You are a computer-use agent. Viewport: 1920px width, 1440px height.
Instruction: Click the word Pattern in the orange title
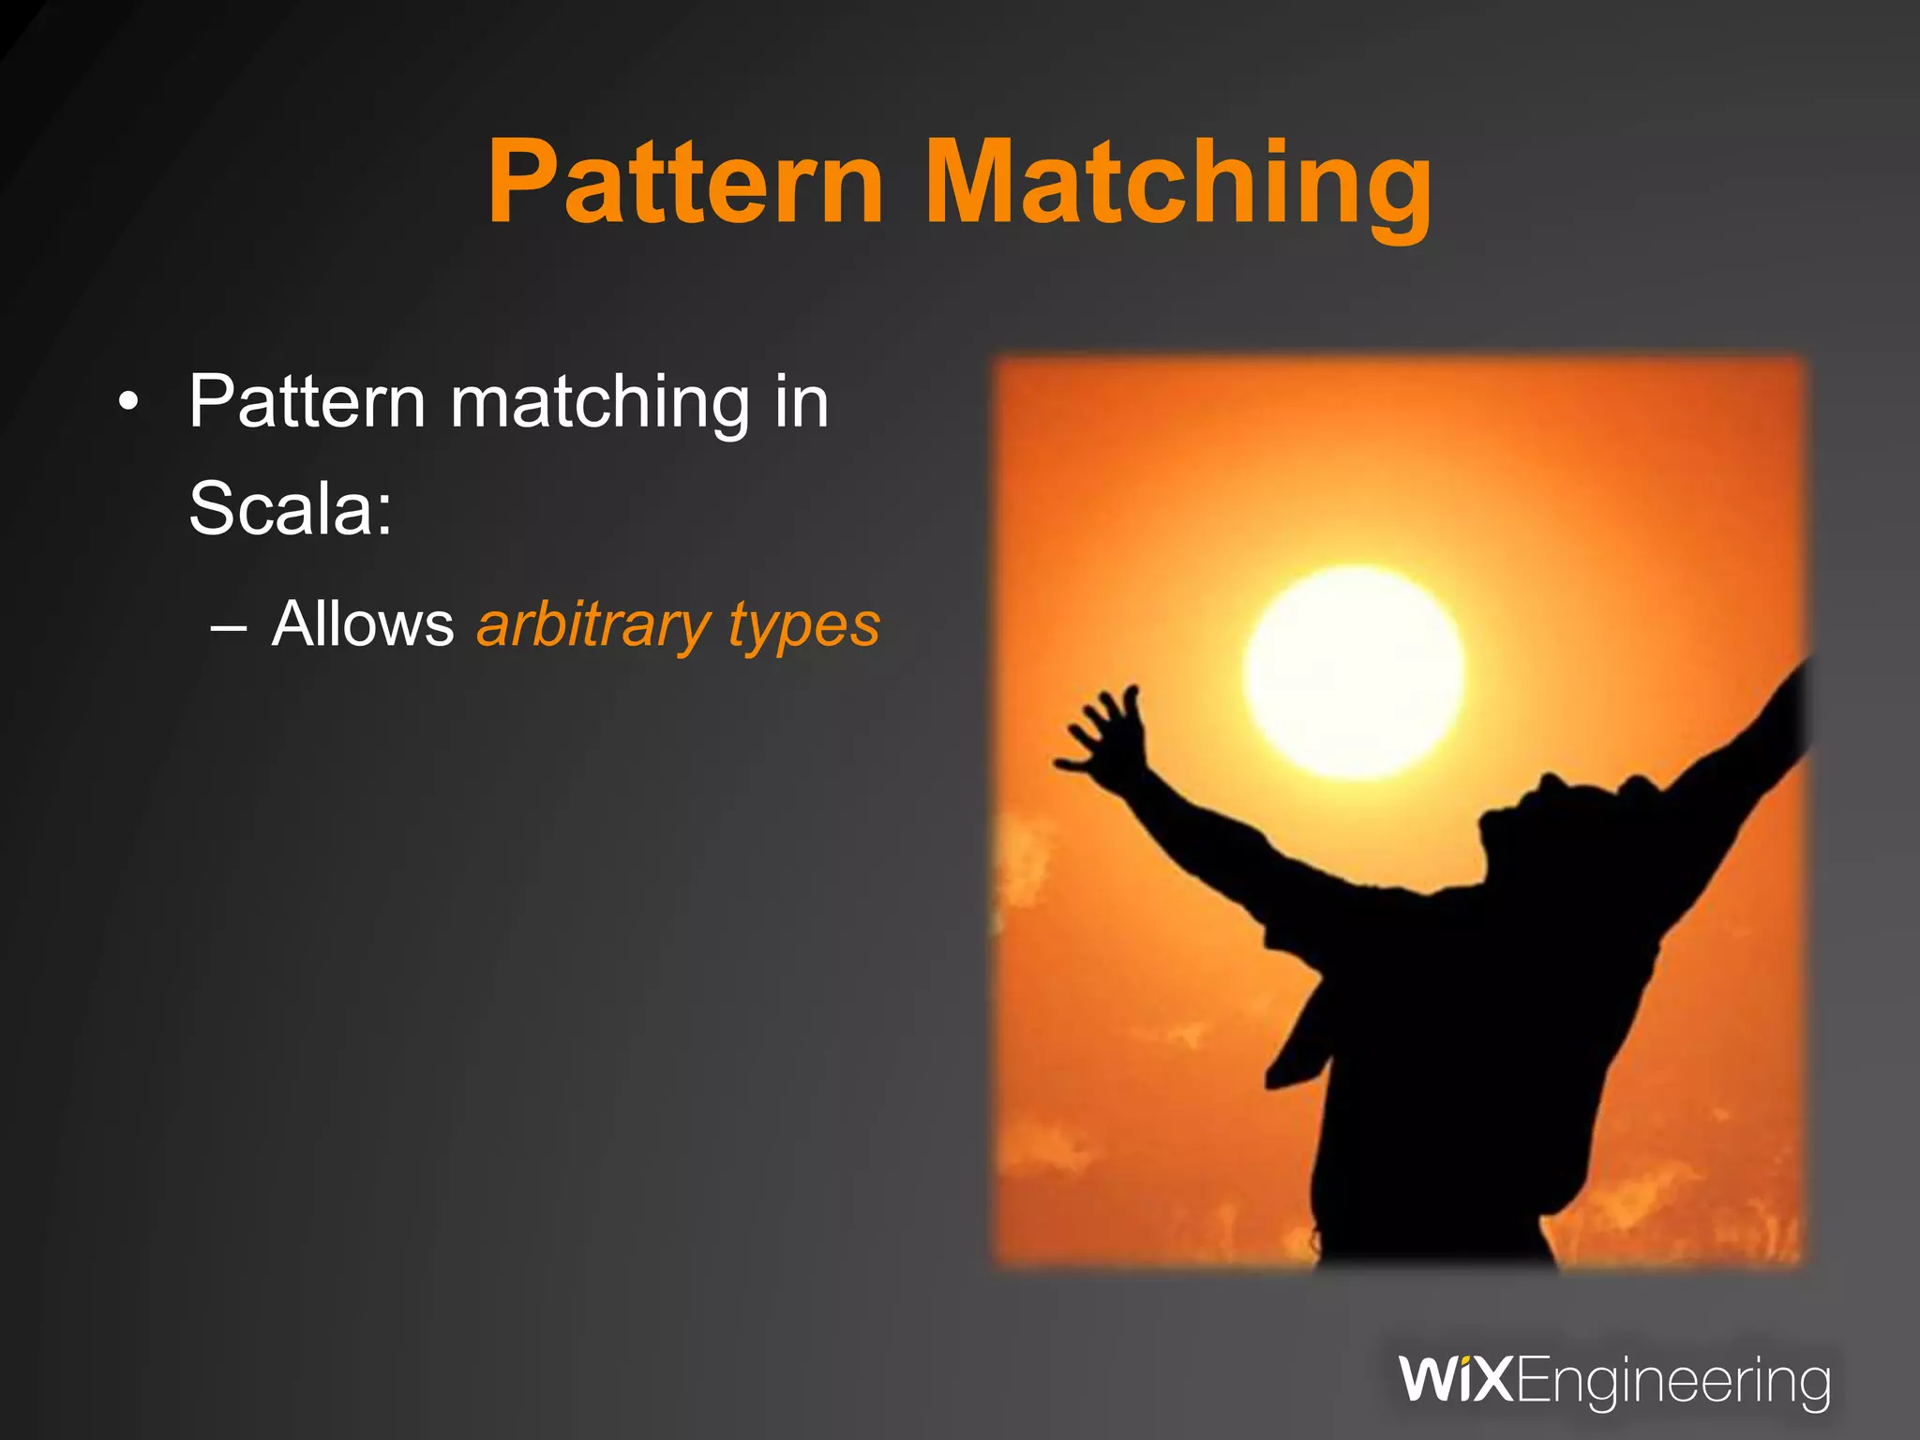(x=684, y=183)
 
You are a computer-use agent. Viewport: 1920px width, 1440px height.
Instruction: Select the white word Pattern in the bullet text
(x=307, y=402)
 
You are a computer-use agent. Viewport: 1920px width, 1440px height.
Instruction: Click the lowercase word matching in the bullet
(x=600, y=404)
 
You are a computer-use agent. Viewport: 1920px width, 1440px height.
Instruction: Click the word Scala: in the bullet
(x=291, y=508)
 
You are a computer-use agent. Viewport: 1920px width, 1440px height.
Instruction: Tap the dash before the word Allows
(x=229, y=625)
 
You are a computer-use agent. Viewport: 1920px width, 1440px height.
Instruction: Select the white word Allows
(x=362, y=624)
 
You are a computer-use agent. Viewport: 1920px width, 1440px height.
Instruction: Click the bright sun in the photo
(x=1354, y=672)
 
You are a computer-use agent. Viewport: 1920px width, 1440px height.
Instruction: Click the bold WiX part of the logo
(x=1455, y=1380)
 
